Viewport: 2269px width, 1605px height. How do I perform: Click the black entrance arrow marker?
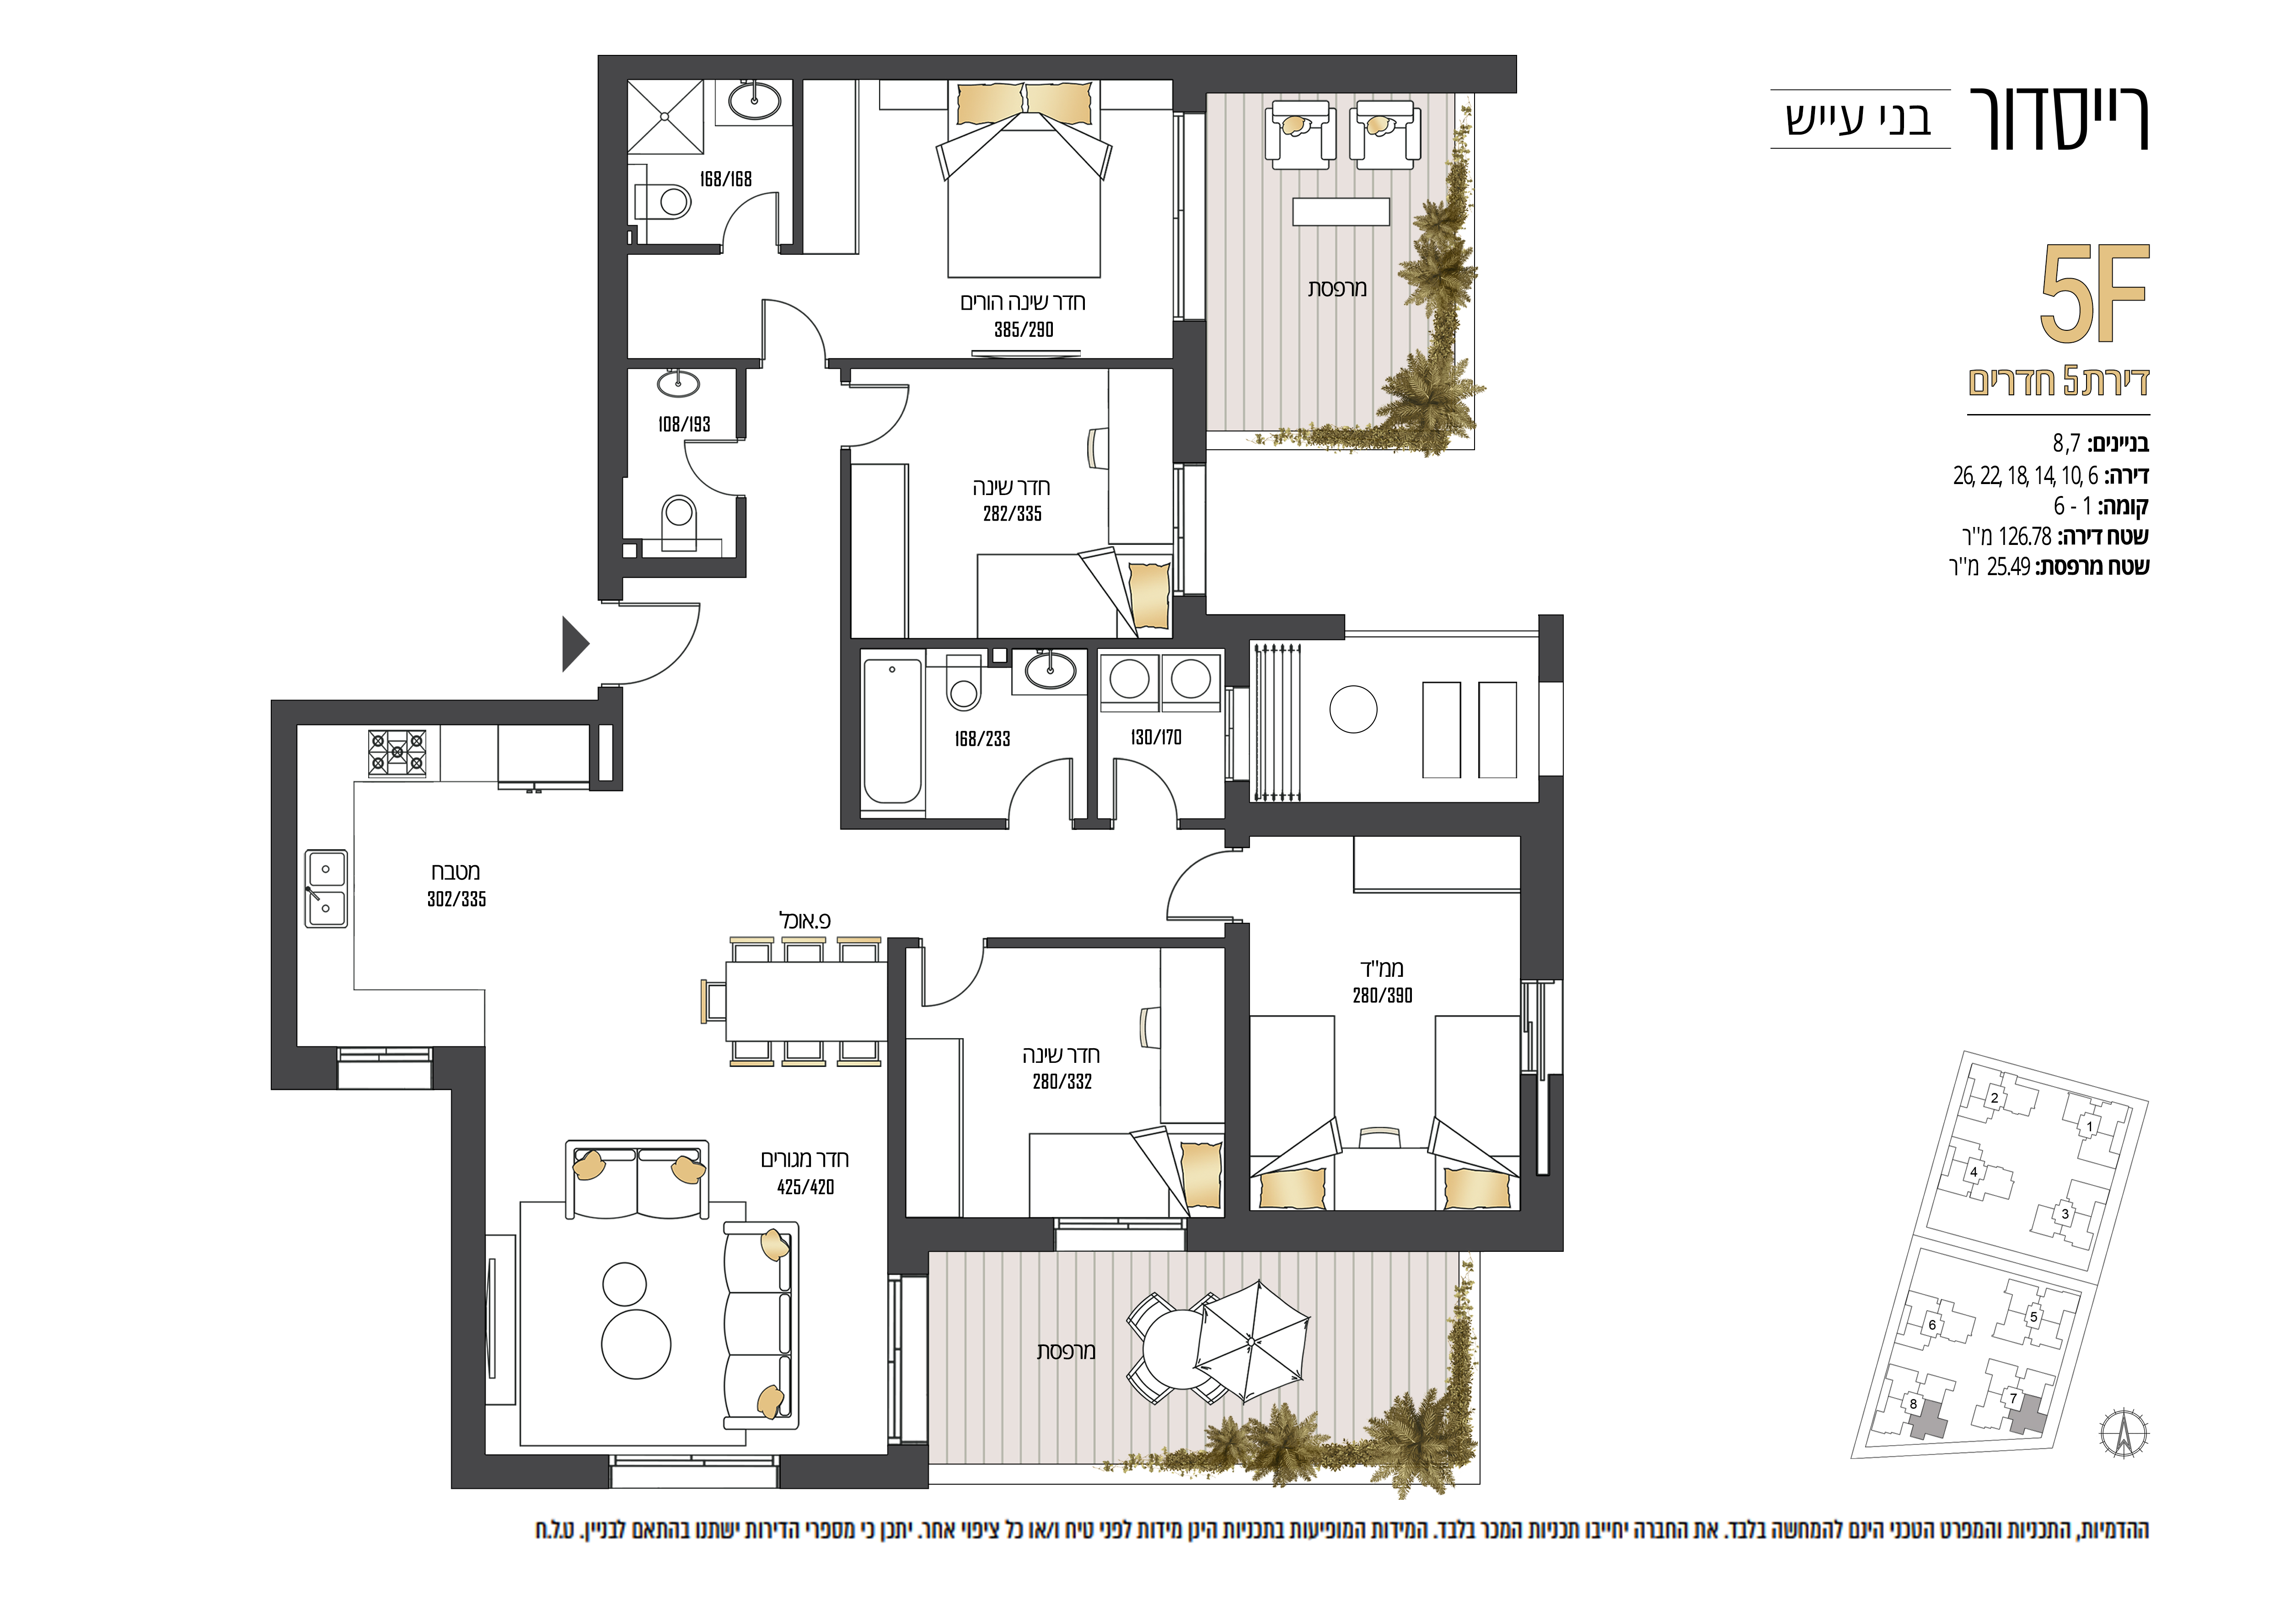tap(574, 644)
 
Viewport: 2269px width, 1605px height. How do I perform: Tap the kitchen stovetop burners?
tap(397, 754)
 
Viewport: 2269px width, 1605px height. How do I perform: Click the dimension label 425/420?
tap(805, 1187)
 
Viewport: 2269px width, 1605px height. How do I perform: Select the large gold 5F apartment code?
tap(2095, 294)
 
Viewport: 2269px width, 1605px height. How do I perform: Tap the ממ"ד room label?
tap(1382, 969)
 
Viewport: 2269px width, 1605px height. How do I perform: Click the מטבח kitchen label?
tap(456, 872)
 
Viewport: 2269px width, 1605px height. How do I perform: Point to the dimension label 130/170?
tap(1156, 737)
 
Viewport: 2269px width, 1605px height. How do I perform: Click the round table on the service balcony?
tap(1353, 710)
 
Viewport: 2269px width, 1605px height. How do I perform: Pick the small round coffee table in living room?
tap(625, 1285)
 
